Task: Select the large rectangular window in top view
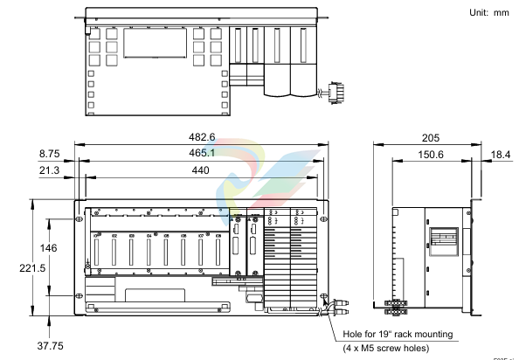153,44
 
